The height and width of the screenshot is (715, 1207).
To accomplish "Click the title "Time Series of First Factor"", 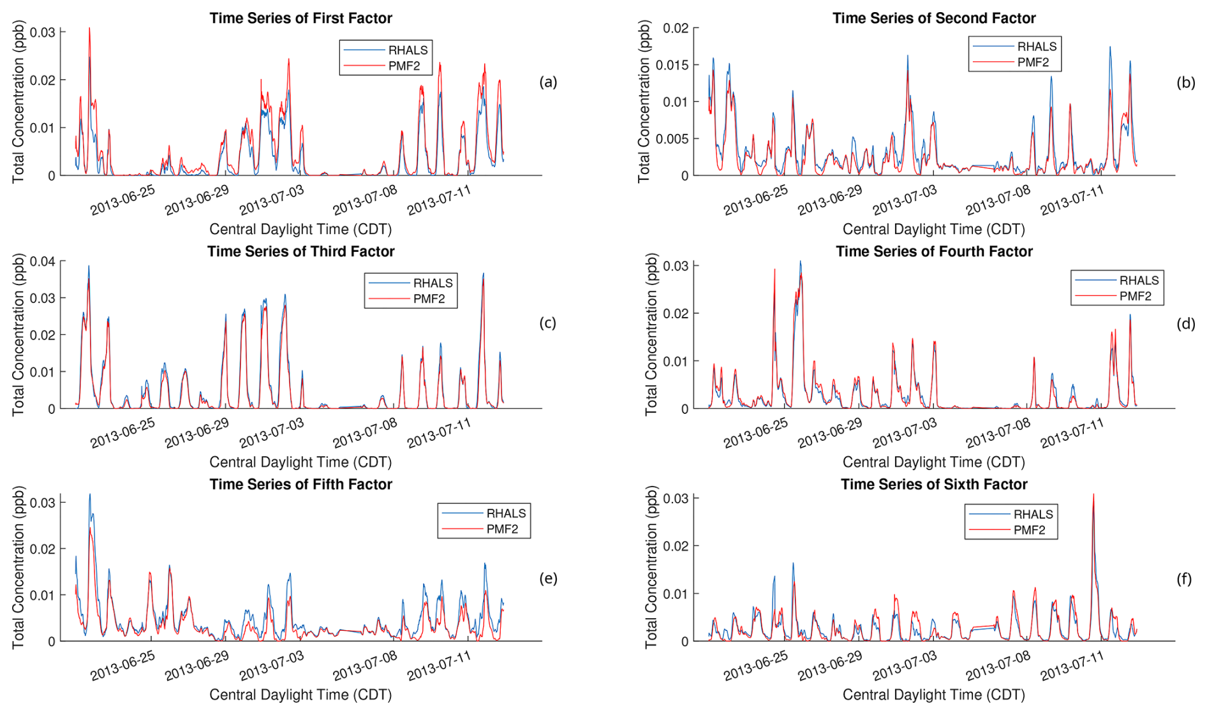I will tap(300, 18).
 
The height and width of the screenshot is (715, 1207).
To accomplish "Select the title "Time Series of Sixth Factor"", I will tap(934, 485).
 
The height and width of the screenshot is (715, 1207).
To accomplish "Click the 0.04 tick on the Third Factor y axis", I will tap(42, 262).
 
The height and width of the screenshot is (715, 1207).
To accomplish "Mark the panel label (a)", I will tap(548, 82).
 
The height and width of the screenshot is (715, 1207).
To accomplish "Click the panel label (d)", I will tap(1186, 324).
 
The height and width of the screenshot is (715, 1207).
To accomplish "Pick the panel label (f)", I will tap(1184, 579).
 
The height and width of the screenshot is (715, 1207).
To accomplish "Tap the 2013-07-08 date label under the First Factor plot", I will tap(365, 200).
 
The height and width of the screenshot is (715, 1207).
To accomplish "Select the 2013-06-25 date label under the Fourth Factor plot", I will tap(756, 433).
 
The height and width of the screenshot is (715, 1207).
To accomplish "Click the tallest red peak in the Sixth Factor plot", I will tap(1093, 495).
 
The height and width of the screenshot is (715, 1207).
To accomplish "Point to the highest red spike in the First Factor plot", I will tap(89, 29).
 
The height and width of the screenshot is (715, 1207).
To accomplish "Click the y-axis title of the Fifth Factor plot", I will tap(19, 568).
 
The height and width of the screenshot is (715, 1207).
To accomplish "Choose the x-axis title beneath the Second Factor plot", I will tap(933, 229).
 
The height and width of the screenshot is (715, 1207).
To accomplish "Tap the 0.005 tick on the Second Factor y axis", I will tap(672, 139).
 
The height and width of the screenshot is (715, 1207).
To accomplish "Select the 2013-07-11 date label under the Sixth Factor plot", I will tap(1072, 666).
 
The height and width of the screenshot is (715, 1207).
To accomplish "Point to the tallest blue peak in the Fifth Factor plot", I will tap(89, 494).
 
